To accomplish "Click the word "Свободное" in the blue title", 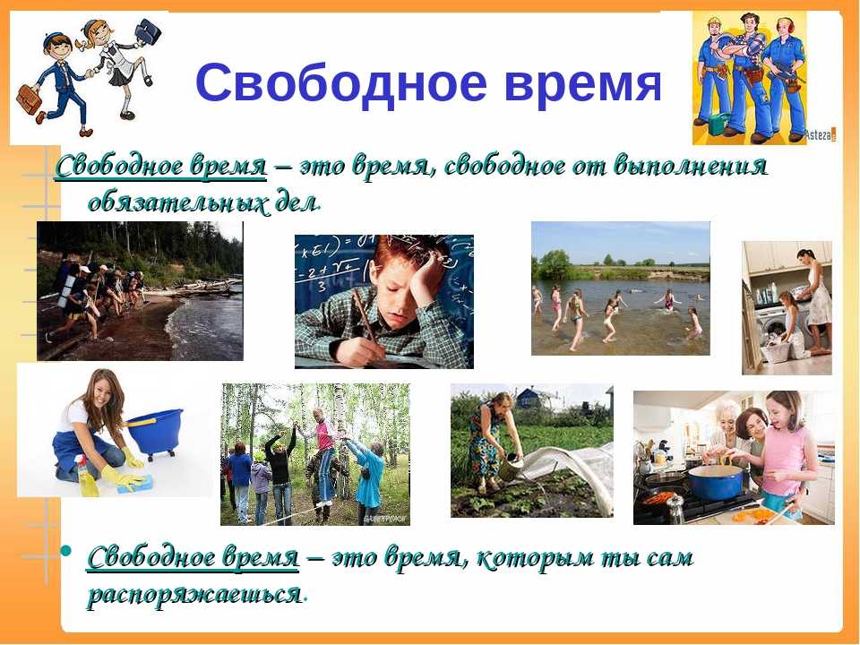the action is coord(341,82).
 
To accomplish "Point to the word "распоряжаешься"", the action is coord(195,595).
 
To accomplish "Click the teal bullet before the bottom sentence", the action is coord(66,549).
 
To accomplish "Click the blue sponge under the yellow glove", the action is coord(135,485).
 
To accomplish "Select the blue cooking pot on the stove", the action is coord(716,482).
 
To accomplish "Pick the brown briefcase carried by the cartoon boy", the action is coord(29,99).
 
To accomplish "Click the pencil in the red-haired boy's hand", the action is coord(365,320).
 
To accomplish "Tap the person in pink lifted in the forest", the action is coord(324,456).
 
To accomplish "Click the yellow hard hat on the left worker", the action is coord(714,22).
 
